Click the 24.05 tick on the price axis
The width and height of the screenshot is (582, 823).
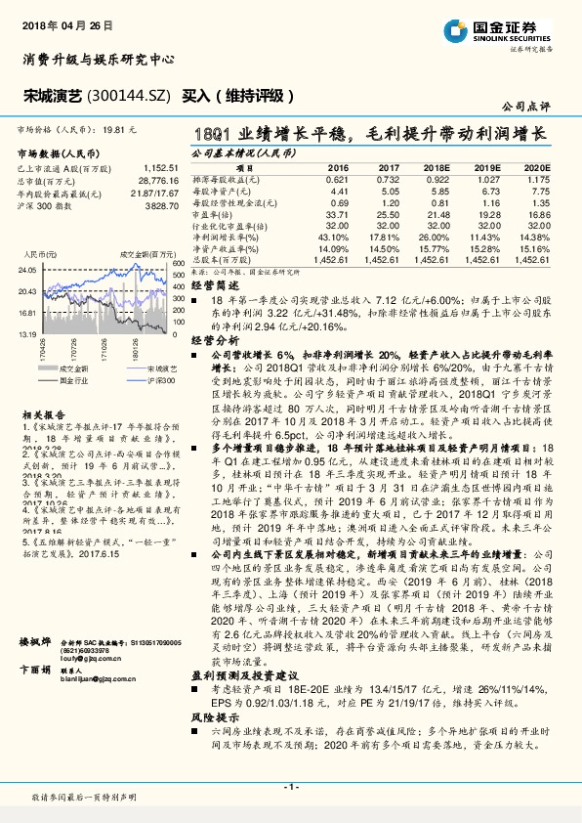tap(28, 269)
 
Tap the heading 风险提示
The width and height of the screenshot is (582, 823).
tap(209, 744)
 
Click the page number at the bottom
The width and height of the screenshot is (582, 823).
tap(290, 788)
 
